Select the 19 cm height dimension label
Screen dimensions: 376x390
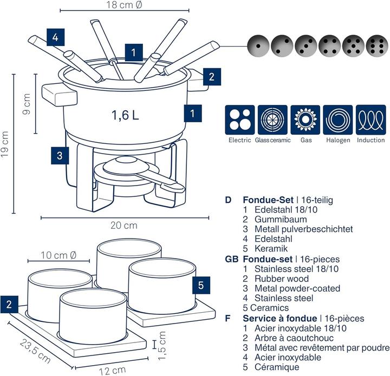5,144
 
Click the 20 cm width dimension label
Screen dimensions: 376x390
124,225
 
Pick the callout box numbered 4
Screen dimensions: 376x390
56,38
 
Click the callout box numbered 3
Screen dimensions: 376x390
60,155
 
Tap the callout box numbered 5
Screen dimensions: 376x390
200,285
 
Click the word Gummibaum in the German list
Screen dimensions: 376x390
275,219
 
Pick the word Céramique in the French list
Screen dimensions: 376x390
277,367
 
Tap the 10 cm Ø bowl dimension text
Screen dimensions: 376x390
58,255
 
